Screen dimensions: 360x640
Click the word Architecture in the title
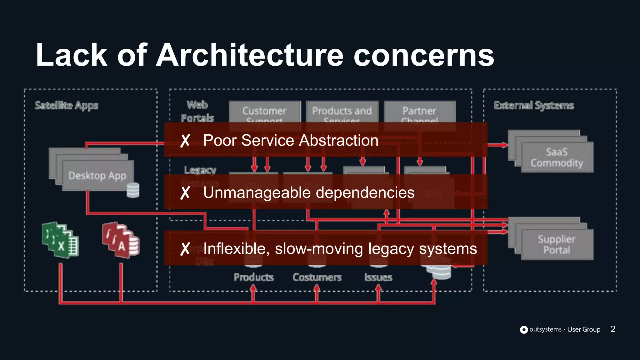tap(250, 55)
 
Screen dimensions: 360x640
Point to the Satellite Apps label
tap(66, 106)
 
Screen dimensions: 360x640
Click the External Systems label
tap(534, 106)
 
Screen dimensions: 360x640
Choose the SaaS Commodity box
tap(557, 157)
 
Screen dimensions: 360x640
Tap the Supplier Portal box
tap(557, 244)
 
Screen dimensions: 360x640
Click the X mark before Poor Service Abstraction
tap(185, 141)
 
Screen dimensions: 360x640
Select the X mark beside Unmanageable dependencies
tap(185, 193)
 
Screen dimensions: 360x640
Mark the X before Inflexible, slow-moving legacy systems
tap(185, 249)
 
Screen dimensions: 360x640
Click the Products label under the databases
tap(253, 277)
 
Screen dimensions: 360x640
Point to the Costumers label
tap(317, 277)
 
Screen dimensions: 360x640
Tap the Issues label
tap(378, 277)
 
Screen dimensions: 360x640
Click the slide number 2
tap(613, 329)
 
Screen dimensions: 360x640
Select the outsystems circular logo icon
tap(524, 330)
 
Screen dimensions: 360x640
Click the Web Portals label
tap(197, 111)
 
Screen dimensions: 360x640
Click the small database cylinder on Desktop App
tap(133, 190)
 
